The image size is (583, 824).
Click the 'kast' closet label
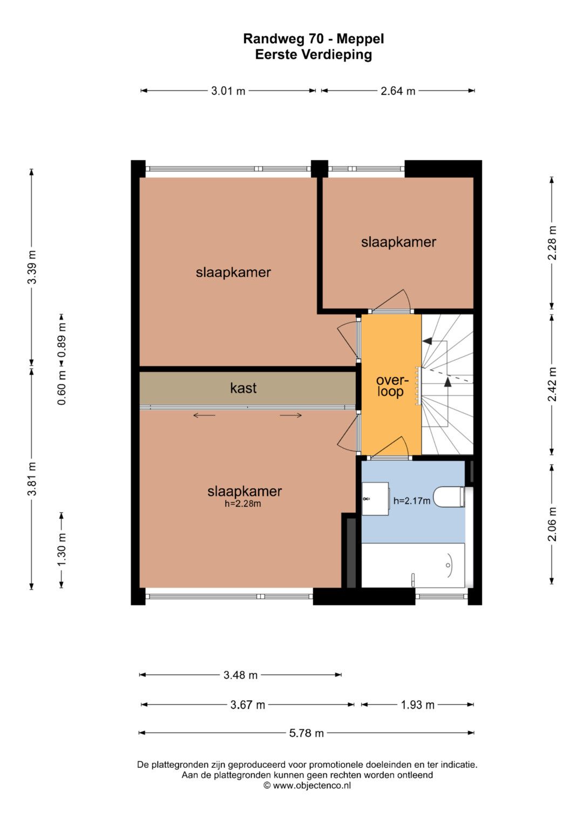pos(243,388)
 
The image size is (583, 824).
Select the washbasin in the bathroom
pos(375,499)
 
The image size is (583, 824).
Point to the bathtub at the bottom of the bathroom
pos(413,565)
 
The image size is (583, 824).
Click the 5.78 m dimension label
pos(306,733)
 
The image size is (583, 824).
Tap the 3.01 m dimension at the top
pos(228,91)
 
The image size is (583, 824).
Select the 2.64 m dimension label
pos(397,91)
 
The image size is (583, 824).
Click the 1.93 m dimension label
pos(417,705)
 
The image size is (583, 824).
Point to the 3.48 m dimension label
pos(240,675)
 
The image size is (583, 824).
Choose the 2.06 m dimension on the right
pos(552,523)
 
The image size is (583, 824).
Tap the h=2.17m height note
pos(411,501)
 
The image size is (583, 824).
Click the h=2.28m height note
pos(242,503)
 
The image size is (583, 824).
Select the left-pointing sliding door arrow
pos(204,416)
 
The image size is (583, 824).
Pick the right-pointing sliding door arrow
pos(291,416)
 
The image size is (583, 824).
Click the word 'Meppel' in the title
pos(360,39)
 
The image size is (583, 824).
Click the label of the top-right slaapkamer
pos(398,242)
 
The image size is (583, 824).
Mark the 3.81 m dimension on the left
pos(32,479)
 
